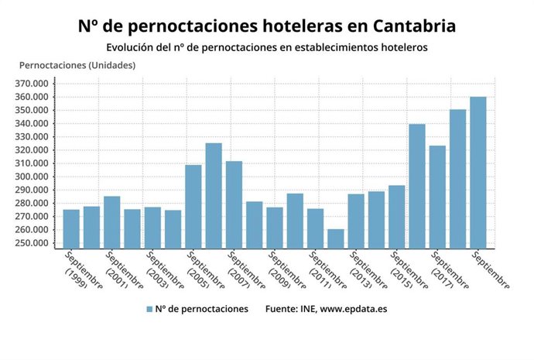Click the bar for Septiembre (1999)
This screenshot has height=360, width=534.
tap(71, 228)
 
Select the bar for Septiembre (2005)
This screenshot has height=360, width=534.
tap(193, 205)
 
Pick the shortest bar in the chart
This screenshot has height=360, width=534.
tap(335, 238)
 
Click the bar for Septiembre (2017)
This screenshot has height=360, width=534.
tap(437, 197)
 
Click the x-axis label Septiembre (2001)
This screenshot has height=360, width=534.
tap(122, 271)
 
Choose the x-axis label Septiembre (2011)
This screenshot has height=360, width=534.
tap(325, 271)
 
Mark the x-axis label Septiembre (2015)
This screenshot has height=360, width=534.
tap(406, 271)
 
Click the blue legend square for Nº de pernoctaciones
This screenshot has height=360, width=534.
tap(149, 309)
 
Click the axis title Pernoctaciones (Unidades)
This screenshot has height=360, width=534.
tap(77, 65)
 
